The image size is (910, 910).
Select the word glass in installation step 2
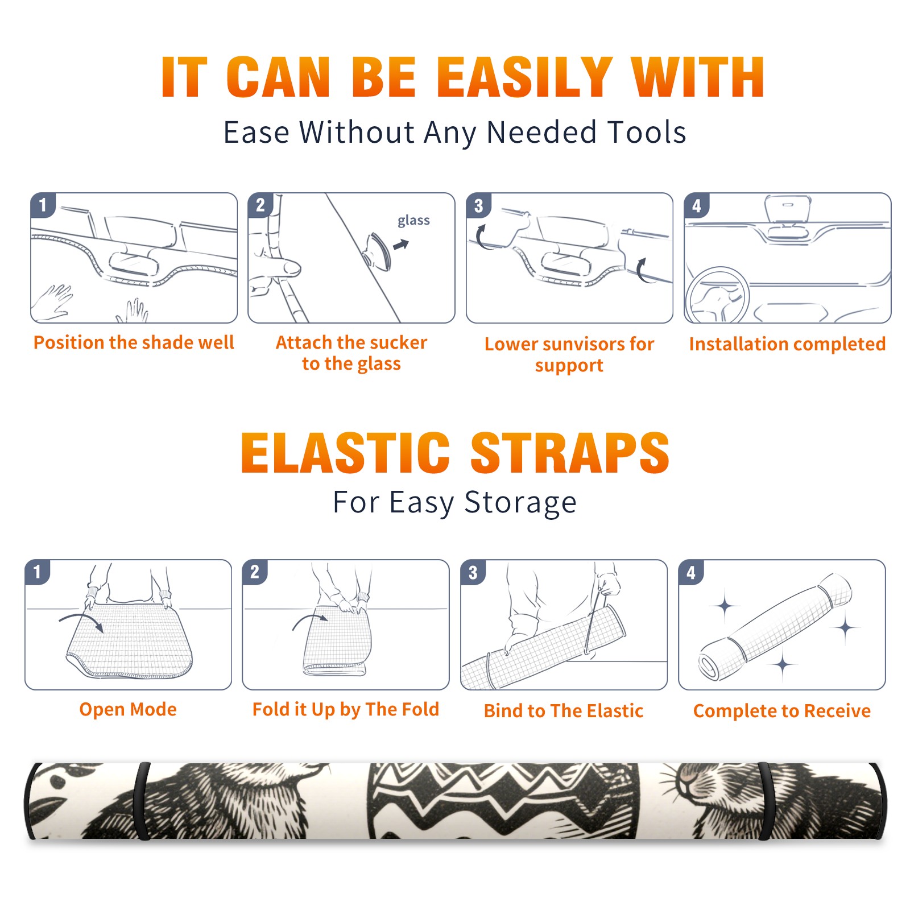click(413, 221)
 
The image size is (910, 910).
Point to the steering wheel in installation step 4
click(718, 296)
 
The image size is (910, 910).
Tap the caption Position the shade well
click(134, 342)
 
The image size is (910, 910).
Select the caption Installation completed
click(787, 344)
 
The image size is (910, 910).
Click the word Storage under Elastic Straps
click(520, 503)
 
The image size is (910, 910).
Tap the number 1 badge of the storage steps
click(38, 572)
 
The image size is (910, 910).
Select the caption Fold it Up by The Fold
click(346, 709)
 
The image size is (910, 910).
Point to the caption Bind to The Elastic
click(564, 711)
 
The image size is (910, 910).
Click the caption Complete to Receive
click(782, 711)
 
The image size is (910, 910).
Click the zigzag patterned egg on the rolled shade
click(503, 801)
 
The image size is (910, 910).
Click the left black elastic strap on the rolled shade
click(142, 801)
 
